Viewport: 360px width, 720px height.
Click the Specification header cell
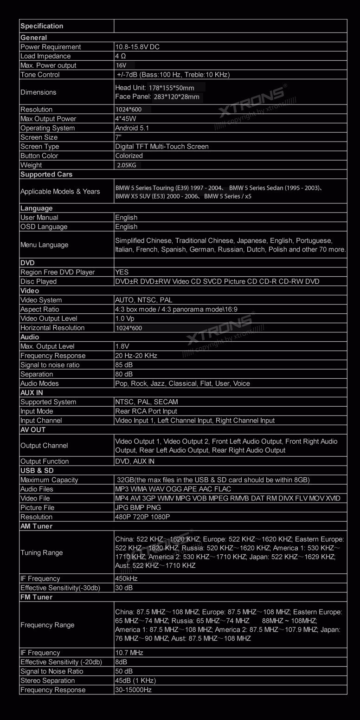coord(42,26)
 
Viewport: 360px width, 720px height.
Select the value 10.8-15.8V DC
coord(137,47)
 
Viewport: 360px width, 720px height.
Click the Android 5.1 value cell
coord(132,128)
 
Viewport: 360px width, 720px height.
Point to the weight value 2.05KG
coord(127,165)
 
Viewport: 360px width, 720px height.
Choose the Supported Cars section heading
coord(46,175)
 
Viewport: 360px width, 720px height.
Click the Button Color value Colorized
coord(129,156)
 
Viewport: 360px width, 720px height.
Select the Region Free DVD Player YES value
coord(122,272)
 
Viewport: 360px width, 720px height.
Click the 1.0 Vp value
coord(125,318)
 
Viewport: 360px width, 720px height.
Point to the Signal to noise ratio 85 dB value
coord(124,365)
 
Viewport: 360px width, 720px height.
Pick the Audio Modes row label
coord(39,383)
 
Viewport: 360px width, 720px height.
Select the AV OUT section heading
coord(33,430)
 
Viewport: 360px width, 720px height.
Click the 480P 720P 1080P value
coord(142,517)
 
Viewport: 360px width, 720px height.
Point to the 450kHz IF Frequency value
coord(127,578)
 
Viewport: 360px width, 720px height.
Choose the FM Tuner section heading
coord(36,597)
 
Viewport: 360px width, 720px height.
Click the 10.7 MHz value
coord(129,653)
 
